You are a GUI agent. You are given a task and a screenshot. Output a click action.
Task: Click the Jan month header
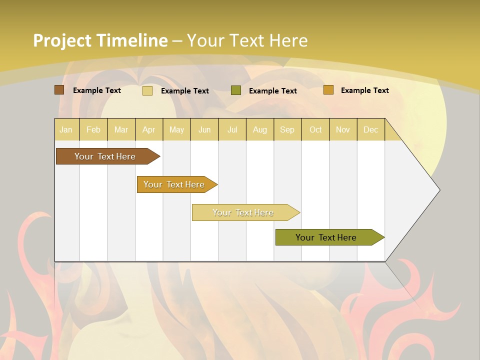(66, 130)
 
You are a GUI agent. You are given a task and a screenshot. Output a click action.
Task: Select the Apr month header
(149, 130)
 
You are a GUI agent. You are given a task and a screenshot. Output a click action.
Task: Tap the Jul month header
(232, 130)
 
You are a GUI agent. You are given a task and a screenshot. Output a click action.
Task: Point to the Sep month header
(287, 130)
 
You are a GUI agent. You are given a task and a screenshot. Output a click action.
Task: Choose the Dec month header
(370, 130)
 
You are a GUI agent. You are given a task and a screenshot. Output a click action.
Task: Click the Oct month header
(315, 130)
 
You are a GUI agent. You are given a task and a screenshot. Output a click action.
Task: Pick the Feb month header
(93, 130)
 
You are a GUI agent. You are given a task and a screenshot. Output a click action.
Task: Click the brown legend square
(59, 90)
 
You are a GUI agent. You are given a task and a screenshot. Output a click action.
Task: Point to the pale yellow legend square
(147, 90)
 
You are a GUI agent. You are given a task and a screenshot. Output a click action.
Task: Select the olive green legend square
(236, 90)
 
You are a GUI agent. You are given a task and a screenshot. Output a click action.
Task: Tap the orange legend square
(328, 90)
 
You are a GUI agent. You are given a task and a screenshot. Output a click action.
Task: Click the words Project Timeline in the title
(100, 40)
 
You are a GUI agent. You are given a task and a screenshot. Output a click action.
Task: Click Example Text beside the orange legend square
(364, 90)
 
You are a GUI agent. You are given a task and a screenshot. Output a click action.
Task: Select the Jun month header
(204, 130)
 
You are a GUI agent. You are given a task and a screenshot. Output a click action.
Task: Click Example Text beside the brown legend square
(96, 90)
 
